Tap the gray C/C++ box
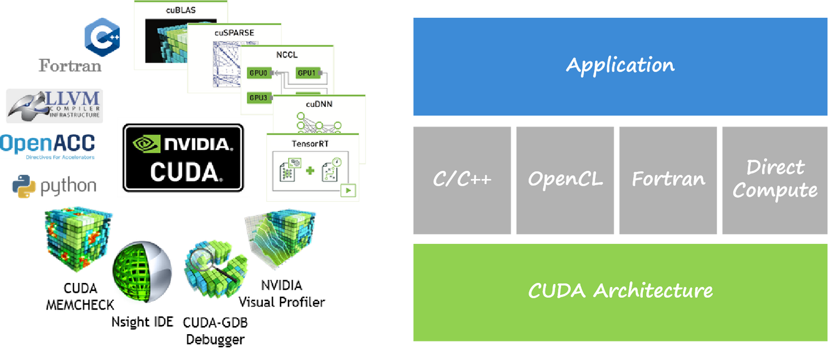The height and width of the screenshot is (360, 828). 462,180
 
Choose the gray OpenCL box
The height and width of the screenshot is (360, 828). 565,180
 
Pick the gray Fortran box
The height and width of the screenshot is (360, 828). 668,180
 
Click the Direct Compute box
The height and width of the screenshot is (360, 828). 774,180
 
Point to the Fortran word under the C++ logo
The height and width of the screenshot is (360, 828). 70,65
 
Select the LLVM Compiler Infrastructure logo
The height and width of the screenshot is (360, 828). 55,105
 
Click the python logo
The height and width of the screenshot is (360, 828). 54,186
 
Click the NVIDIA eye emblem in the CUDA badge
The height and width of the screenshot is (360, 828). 146,143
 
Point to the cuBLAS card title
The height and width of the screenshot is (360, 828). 181,10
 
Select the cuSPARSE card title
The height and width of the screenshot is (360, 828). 234,33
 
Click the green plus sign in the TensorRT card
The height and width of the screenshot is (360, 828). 310,171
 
